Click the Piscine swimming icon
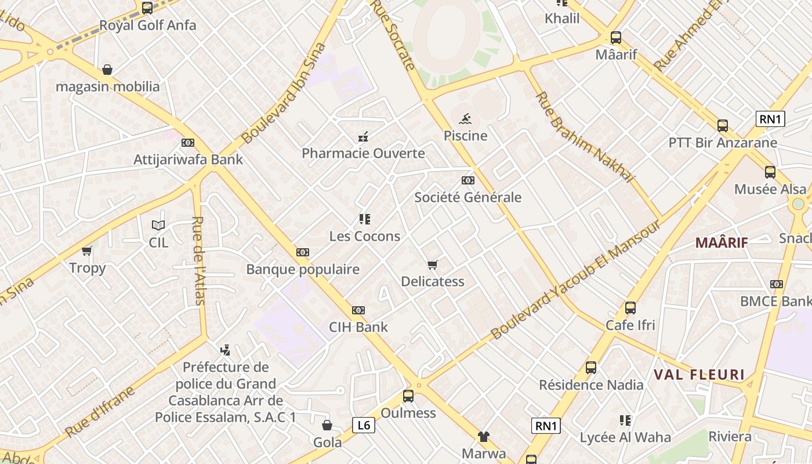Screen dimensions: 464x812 [x=465, y=120]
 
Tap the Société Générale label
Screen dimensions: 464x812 [x=467, y=197]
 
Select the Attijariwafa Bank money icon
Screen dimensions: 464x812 [x=187, y=143]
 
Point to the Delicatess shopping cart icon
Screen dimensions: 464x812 [x=432, y=265]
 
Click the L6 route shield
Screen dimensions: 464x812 [x=364, y=425]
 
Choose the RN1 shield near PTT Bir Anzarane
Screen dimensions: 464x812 [x=771, y=119]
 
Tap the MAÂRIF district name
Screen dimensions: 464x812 [x=722, y=242]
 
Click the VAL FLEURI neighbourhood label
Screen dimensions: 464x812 [x=699, y=374]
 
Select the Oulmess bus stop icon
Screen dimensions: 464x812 [x=408, y=396]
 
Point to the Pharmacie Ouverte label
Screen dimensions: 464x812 [x=363, y=154]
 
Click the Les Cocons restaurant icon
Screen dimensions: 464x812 [x=364, y=219]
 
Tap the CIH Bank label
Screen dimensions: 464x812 [x=358, y=327]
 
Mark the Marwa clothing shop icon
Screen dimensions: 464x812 [x=483, y=437]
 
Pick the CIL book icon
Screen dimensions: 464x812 [x=158, y=225]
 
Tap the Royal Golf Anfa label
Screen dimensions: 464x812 [x=148, y=26]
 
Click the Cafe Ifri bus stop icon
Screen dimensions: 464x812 [x=630, y=308]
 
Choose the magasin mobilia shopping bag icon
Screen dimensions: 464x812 [x=107, y=70]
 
